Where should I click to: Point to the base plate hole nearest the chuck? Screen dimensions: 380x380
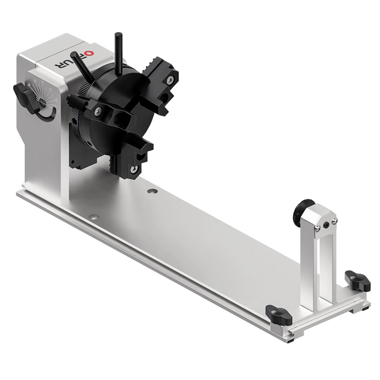152,191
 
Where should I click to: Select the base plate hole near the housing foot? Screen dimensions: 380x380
93,217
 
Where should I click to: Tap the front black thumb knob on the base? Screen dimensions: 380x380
279,315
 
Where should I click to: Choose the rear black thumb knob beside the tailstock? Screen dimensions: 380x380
358,280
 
